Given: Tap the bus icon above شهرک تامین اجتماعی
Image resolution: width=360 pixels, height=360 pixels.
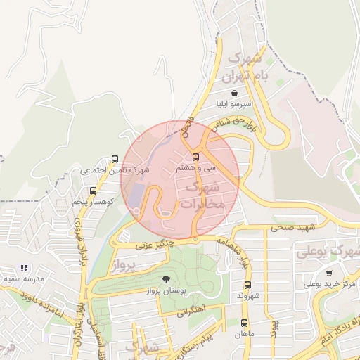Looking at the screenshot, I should [115, 159].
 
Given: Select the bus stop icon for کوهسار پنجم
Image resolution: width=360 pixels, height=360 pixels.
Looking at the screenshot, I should [93, 191].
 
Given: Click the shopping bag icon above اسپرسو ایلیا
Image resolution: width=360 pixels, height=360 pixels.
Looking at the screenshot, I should [234, 93].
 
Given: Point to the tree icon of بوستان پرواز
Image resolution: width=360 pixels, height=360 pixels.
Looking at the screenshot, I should [166, 279].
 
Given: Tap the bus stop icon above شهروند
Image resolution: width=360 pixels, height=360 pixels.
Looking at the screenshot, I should [247, 285].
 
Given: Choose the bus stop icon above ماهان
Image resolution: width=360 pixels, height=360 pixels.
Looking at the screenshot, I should [244, 323].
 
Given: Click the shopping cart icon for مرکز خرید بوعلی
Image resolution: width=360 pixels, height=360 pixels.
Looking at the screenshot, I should [329, 274].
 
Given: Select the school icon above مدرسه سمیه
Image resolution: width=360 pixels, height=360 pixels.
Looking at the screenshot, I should [25, 268].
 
